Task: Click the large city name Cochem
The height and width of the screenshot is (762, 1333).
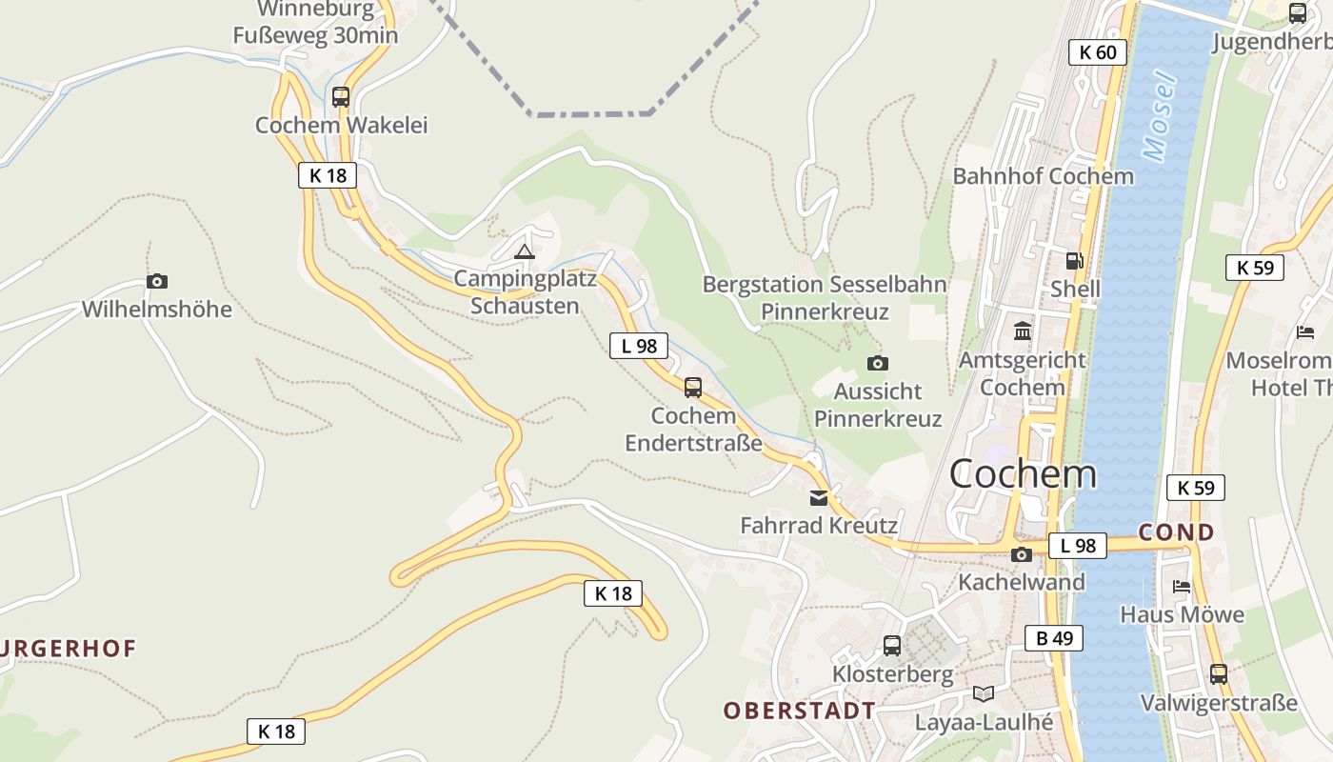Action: (x=1022, y=473)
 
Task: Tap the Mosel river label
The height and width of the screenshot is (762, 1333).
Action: (x=1160, y=116)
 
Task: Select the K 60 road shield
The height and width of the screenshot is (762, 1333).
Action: (x=1097, y=52)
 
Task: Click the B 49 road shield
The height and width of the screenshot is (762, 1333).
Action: (x=1053, y=638)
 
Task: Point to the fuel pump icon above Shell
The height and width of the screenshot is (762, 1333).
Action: (x=1074, y=260)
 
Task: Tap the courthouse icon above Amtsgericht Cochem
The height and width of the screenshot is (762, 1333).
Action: (x=1024, y=331)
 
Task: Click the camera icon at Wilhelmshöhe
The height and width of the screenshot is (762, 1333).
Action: (x=157, y=281)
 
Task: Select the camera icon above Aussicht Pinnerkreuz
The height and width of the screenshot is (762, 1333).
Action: (x=877, y=363)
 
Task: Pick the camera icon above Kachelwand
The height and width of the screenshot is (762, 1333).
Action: (x=1022, y=554)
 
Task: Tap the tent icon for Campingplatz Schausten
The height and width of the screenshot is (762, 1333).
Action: (x=524, y=251)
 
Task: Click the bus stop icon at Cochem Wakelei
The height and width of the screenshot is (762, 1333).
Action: (x=340, y=97)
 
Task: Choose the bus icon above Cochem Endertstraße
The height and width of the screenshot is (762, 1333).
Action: (x=693, y=388)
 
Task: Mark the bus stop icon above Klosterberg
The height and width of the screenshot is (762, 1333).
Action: (x=892, y=646)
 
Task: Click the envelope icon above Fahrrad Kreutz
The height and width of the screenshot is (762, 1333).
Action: (x=818, y=497)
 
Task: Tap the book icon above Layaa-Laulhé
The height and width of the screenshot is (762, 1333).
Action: (x=984, y=693)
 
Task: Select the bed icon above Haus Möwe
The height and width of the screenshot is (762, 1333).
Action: (x=1182, y=586)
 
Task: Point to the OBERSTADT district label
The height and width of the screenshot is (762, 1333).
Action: (x=799, y=711)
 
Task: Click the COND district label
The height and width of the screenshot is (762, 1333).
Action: (x=1176, y=531)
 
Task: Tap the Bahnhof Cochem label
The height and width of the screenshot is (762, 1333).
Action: (x=1043, y=176)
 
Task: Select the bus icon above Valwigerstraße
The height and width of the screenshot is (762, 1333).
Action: (x=1218, y=674)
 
